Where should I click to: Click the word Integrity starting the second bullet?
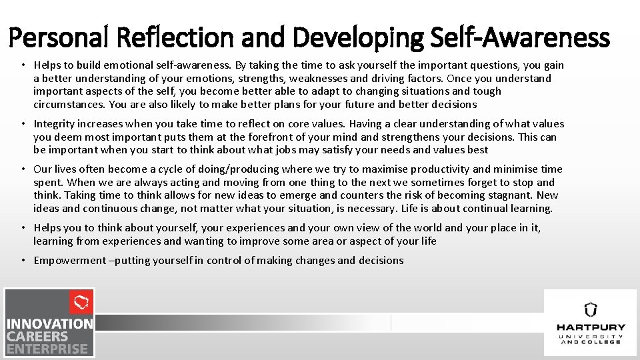pos(55,124)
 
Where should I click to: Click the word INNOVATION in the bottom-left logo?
pos(50,324)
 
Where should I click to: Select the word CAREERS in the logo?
pos(38,336)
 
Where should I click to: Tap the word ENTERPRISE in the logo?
pos(47,349)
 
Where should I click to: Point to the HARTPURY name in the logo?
pos(591,327)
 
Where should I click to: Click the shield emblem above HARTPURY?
pos(591,309)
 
